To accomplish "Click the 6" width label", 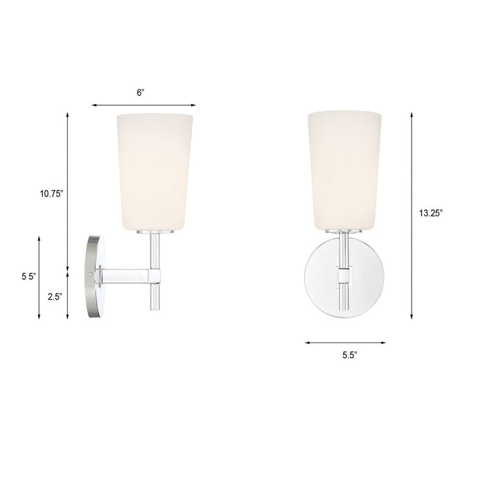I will (141, 92).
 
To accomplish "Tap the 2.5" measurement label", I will (54, 296).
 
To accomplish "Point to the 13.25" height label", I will (430, 213).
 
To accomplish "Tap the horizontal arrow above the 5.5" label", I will (344, 342).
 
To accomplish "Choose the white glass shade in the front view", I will (344, 168).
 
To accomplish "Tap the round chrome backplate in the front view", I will (323, 277).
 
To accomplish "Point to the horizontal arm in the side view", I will (125, 277).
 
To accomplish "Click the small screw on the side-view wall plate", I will (94, 275).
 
